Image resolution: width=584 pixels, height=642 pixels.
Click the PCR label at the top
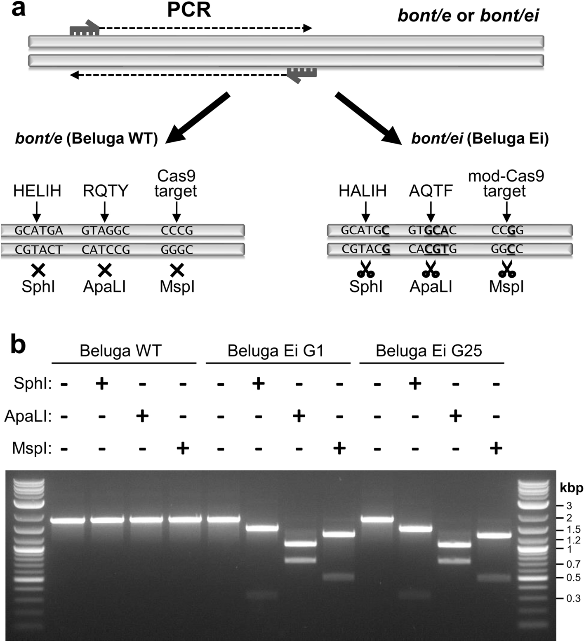[189, 10]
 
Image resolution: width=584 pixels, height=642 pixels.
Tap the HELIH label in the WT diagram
[37, 191]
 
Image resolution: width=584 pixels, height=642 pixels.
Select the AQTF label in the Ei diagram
[431, 191]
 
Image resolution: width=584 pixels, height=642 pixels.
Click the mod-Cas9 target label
[506, 184]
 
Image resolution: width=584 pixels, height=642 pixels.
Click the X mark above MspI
[177, 270]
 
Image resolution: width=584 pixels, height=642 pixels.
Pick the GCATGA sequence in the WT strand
[39, 231]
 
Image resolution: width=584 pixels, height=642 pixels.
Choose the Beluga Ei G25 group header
[429, 351]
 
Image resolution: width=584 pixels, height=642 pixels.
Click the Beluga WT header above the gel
[120, 351]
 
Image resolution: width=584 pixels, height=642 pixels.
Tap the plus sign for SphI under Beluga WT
[102, 384]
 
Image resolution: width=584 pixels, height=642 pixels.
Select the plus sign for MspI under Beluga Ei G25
[496, 448]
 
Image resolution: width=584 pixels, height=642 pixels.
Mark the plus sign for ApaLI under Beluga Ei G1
[299, 416]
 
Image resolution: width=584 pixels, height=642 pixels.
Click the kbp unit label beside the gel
[571, 489]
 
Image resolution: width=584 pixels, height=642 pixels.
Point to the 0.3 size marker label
[573, 598]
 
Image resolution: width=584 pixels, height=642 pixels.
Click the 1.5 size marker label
[573, 529]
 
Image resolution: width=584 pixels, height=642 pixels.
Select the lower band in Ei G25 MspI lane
[494, 578]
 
